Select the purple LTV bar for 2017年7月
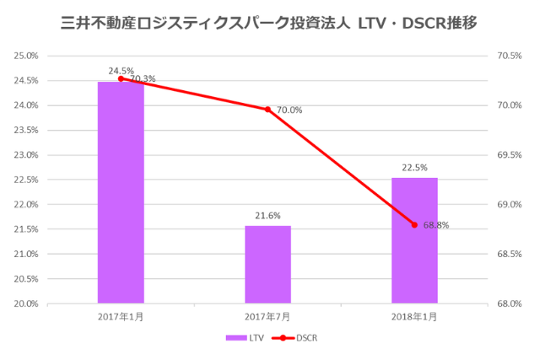pyautogui.click(x=267, y=264)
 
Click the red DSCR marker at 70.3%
pyautogui.click(x=121, y=78)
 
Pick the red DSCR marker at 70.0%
pyautogui.click(x=267, y=109)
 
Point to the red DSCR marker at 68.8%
pyautogui.click(x=414, y=224)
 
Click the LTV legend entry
pyautogui.click(x=245, y=337)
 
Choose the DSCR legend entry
pyautogui.click(x=294, y=337)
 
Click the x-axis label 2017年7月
pyautogui.click(x=267, y=316)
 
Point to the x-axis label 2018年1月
pyautogui.click(x=414, y=316)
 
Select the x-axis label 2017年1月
pyautogui.click(x=121, y=316)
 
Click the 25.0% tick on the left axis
pyautogui.click(x=26, y=56)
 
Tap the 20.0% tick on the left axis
pyautogui.click(x=26, y=304)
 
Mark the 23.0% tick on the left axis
pyautogui.click(x=26, y=155)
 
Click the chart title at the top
pyautogui.click(x=269, y=22)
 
